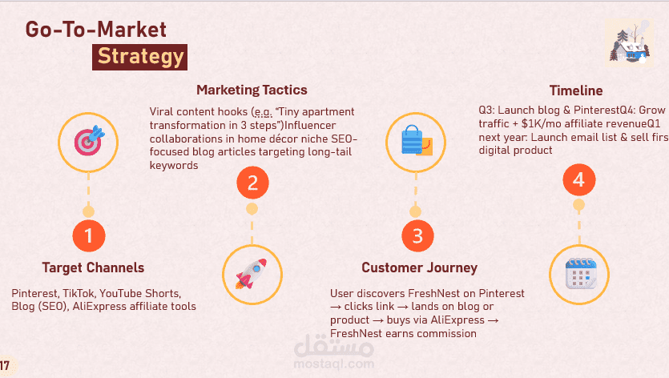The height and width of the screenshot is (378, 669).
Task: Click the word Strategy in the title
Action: (140, 57)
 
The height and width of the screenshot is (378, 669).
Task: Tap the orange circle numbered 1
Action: (89, 236)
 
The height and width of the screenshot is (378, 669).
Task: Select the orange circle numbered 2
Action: (252, 183)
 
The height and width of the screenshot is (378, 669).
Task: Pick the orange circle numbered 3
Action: (417, 236)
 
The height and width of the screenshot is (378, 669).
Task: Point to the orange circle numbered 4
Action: (579, 179)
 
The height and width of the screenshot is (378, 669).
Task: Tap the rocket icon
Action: (252, 273)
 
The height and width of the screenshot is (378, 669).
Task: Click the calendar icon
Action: (580, 273)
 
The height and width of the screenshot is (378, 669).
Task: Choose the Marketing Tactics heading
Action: (252, 90)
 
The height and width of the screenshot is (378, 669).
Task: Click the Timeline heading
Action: (576, 90)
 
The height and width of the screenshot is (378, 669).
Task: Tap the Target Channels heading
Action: (93, 267)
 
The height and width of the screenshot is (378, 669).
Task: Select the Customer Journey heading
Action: (419, 267)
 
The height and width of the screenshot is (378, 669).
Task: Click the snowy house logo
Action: (630, 43)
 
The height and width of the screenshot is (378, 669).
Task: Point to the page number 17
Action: (5, 366)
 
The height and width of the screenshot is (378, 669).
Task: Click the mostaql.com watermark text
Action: (334, 364)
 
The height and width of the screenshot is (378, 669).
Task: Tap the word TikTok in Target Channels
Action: (79, 294)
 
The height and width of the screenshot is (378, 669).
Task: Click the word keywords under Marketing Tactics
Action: (174, 166)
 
